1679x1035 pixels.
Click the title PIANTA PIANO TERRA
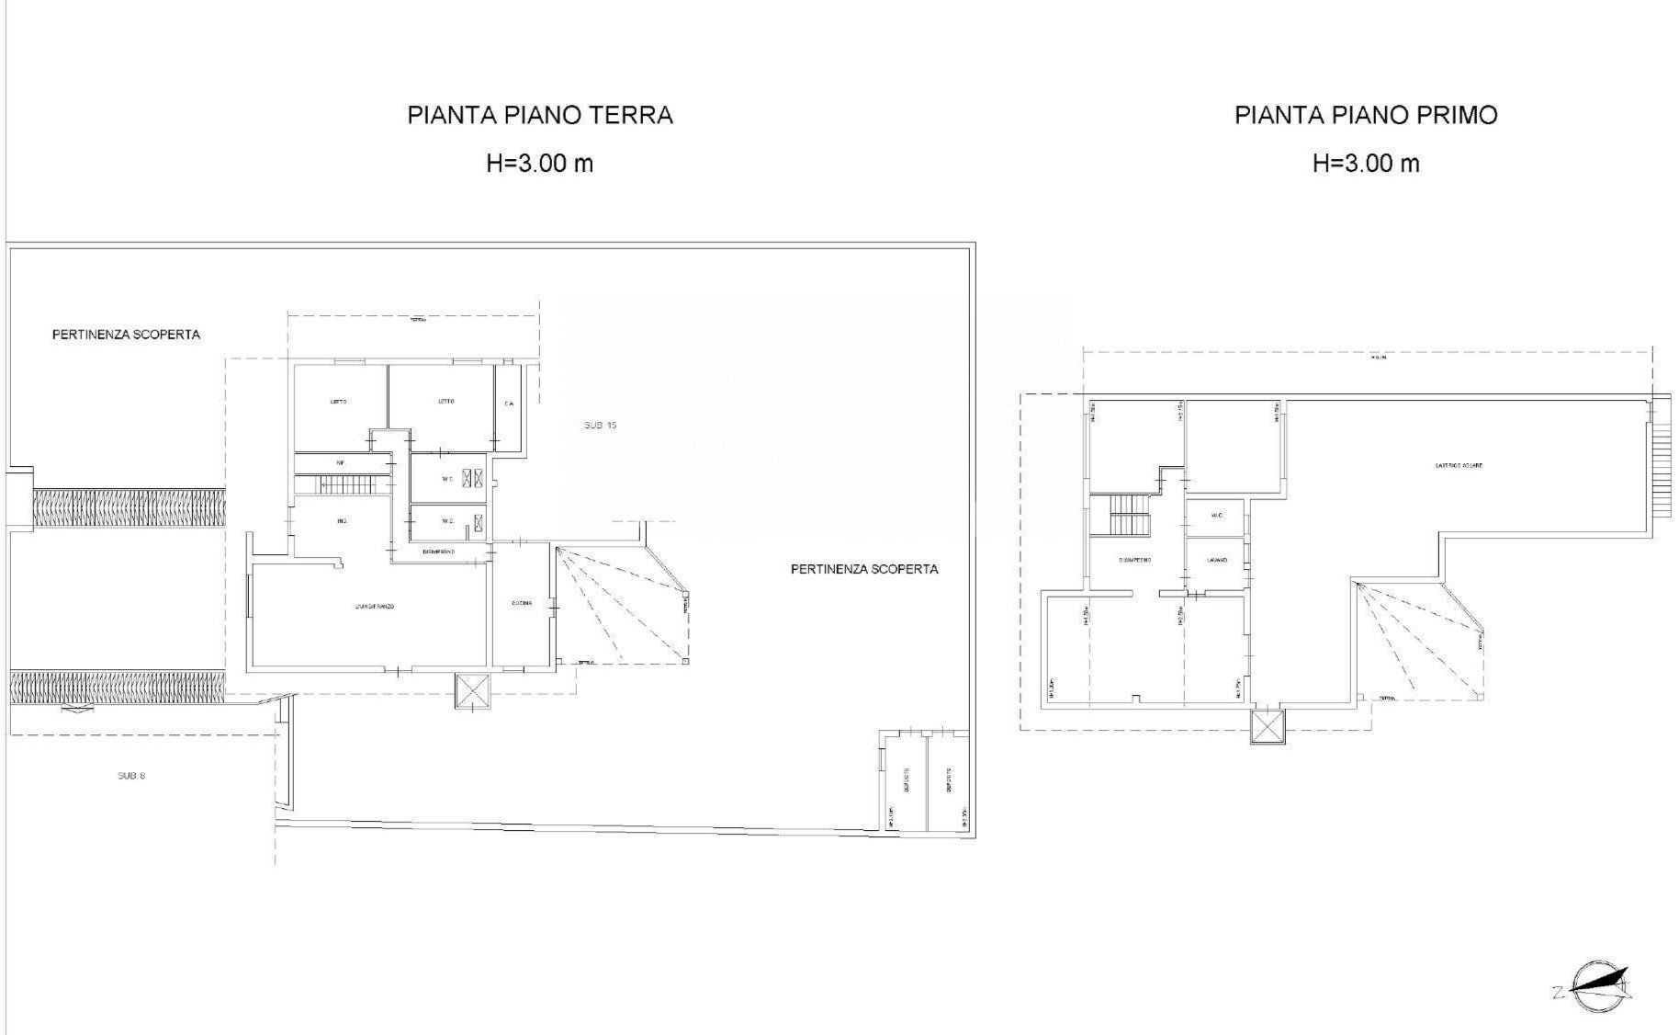tap(540, 115)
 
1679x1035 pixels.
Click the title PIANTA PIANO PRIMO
tap(1366, 115)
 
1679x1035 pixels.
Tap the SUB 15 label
tap(600, 426)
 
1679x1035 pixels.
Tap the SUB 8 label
tap(131, 776)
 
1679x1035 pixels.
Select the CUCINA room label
tap(523, 603)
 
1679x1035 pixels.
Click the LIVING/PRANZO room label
tap(375, 607)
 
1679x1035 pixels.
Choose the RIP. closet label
tap(340, 462)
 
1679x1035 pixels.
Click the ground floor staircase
tap(342, 484)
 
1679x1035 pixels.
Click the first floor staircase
tap(1126, 515)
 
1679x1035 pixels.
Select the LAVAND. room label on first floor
tap(1215, 560)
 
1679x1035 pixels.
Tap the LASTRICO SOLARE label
tap(1459, 466)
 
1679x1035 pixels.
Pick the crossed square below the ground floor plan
tap(474, 691)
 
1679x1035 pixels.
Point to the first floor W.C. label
tap(1217, 516)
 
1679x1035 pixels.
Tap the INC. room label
tap(342, 522)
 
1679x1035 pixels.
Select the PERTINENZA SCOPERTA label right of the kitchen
tap(863, 570)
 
